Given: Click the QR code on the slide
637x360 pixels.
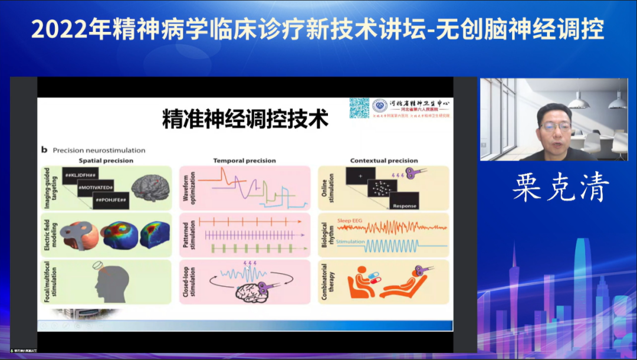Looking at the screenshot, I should pyautogui.click(x=359, y=107).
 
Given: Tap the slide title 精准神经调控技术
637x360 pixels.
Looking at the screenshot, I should pyautogui.click(x=245, y=119).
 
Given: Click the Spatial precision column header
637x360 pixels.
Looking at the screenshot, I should pyautogui.click(x=106, y=161).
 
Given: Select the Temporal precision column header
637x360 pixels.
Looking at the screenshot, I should pyautogui.click(x=244, y=161).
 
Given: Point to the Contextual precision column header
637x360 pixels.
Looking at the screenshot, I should pyautogui.click(x=383, y=161).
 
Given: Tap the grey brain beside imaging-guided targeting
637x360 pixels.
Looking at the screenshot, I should pyautogui.click(x=150, y=186).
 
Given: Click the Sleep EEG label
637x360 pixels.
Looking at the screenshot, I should pyautogui.click(x=349, y=221).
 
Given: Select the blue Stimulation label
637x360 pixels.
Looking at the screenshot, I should pyautogui.click(x=349, y=242).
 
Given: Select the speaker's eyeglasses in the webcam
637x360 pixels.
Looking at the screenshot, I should pyautogui.click(x=555, y=126).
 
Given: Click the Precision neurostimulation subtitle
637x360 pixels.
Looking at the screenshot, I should pyautogui.click(x=98, y=150).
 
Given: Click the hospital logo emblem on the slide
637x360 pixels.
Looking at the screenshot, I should pyautogui.click(x=380, y=106).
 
